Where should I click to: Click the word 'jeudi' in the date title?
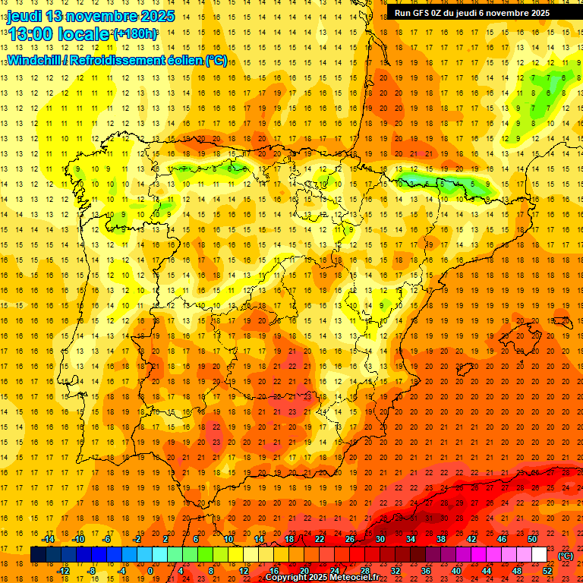tap(24, 16)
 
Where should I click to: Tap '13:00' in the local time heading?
tap(30, 33)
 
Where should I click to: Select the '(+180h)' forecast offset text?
tap(135, 34)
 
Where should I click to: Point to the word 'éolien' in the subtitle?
tap(181, 60)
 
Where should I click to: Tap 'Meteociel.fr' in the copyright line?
tap(355, 578)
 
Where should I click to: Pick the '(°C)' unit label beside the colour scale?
tap(566, 556)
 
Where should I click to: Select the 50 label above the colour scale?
tap(532, 539)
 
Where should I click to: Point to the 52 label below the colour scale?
tap(547, 571)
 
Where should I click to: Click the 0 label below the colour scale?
tap(150, 571)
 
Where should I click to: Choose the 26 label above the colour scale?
tap(350, 539)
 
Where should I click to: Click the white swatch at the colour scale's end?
tap(540, 555)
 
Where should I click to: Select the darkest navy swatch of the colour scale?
tap(38, 555)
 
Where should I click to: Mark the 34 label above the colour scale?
tap(411, 539)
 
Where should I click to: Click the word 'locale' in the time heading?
tap(86, 33)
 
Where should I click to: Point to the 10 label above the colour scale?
tap(228, 539)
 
